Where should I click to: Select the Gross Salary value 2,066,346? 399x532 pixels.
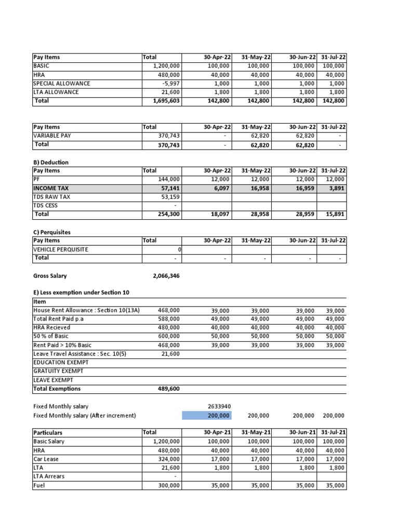coord(166,276)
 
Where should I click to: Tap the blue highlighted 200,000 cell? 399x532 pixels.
coord(207,415)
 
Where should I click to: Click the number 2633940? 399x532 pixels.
coord(219,406)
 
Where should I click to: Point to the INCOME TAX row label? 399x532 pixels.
coord(50,188)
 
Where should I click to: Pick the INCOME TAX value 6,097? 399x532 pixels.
coord(220,188)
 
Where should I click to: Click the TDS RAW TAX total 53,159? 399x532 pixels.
coord(168,197)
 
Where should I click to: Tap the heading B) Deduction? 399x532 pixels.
coord(50,162)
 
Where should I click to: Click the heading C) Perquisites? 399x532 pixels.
coord(52,232)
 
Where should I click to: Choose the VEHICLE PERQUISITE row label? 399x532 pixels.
coord(61,249)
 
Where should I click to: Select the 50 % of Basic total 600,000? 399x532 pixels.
coord(168,336)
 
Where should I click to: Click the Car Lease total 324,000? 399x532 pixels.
coord(168,459)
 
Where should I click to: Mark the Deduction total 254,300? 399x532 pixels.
coord(168,214)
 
